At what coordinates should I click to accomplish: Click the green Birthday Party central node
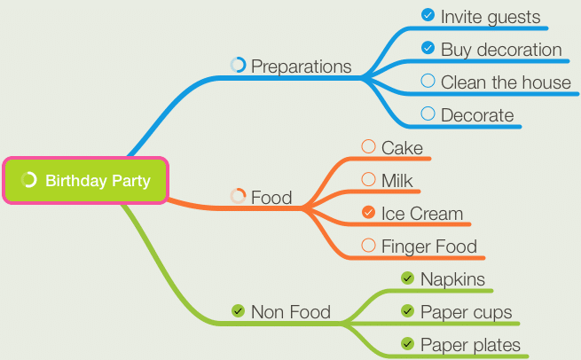[85, 180]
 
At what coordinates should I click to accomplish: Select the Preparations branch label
[302, 67]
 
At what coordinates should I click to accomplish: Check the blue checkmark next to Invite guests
[428, 15]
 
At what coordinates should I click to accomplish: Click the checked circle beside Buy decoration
[428, 48]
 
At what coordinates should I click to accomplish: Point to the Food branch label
[271, 198]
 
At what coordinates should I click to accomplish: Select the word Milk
[396, 181]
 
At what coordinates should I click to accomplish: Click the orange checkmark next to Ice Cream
[368, 212]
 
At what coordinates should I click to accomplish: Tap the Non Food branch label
[291, 312]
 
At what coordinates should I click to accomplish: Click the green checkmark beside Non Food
[238, 310]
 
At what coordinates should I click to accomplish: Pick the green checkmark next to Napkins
[408, 278]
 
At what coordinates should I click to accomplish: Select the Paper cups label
[467, 313]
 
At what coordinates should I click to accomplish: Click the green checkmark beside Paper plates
[408, 344]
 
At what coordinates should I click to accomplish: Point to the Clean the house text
[506, 82]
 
